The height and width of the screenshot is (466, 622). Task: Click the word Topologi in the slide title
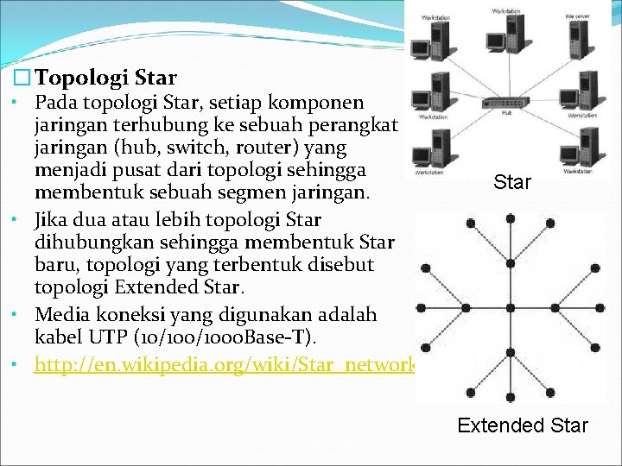point(79,79)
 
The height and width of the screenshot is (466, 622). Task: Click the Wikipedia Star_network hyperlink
point(225,365)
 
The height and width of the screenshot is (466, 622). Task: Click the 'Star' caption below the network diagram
point(512,182)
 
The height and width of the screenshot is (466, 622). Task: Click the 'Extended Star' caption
point(522,425)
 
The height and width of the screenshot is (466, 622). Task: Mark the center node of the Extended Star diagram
point(511,309)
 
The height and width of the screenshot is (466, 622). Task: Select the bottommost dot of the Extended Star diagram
point(511,396)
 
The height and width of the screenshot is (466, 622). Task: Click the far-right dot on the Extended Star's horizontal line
point(600,309)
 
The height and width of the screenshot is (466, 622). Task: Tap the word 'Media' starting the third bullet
point(61,312)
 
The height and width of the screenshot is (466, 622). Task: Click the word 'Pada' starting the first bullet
point(55,103)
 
